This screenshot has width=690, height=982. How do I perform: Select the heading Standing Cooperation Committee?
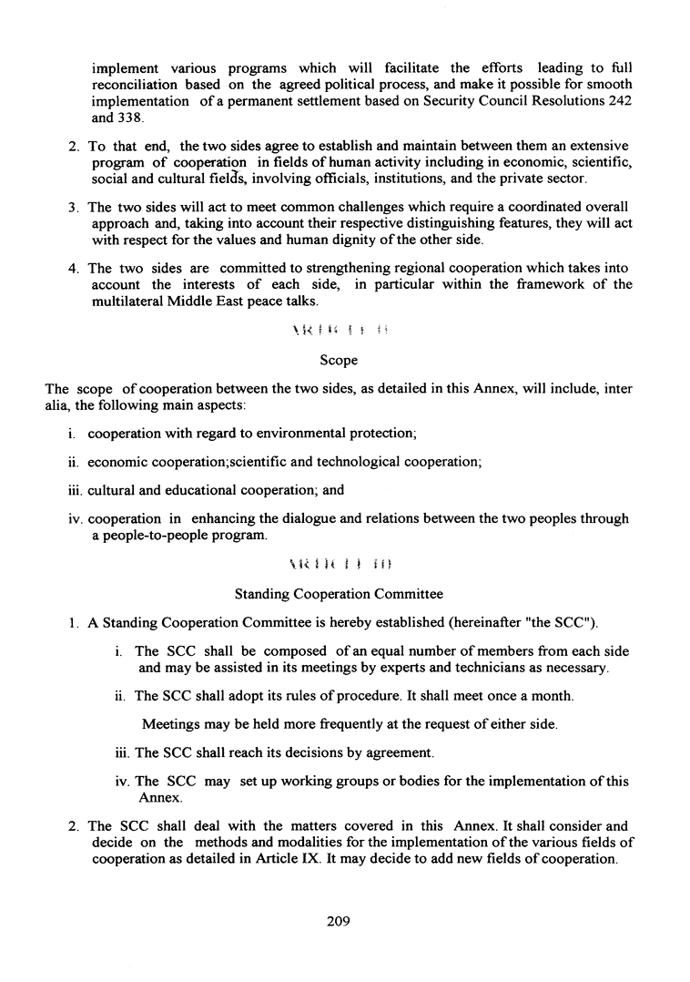[x=339, y=594]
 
